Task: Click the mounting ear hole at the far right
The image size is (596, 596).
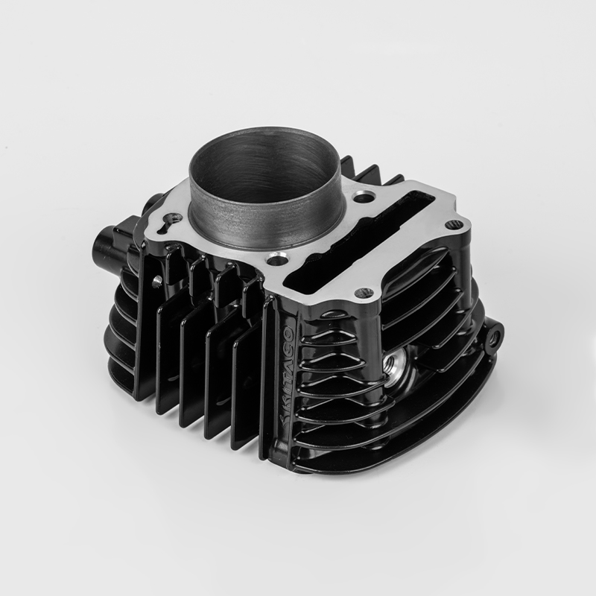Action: click(493, 337)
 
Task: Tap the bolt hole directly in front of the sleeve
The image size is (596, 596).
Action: click(277, 259)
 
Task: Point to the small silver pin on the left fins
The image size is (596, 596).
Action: click(158, 281)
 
